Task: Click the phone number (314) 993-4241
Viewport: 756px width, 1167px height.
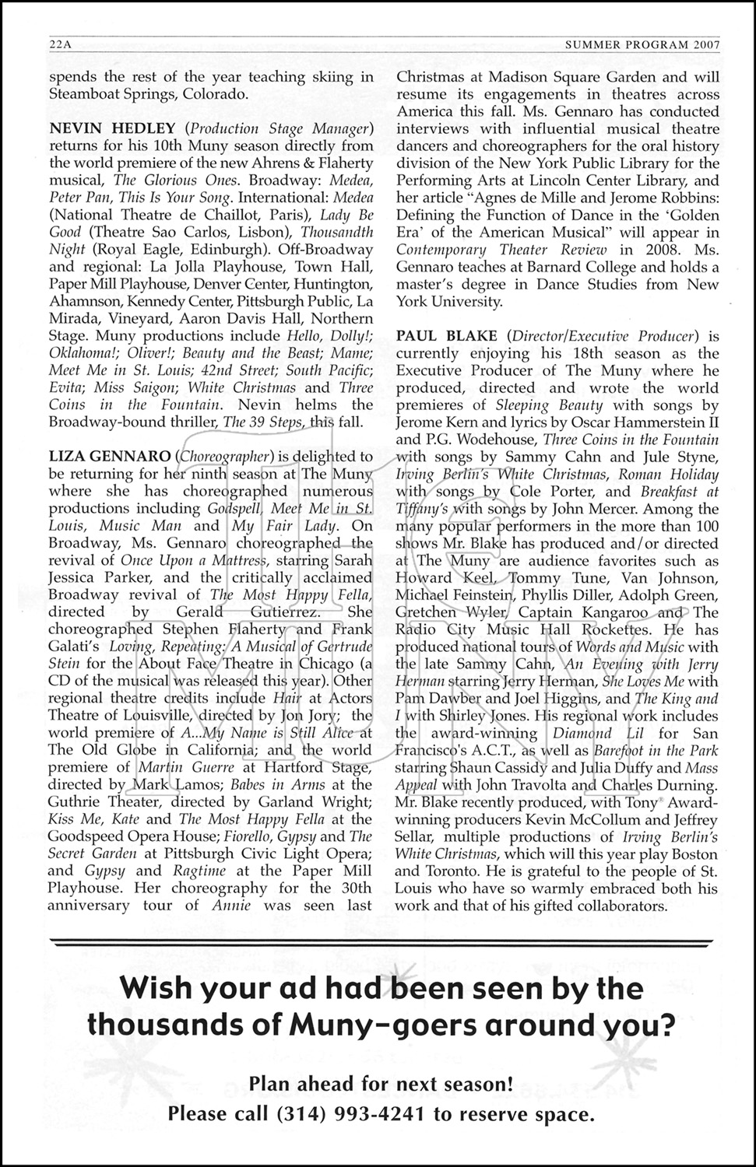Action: (x=350, y=1114)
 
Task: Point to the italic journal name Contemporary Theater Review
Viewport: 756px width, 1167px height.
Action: (x=501, y=250)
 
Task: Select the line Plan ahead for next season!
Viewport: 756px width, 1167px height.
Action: (x=381, y=1082)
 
